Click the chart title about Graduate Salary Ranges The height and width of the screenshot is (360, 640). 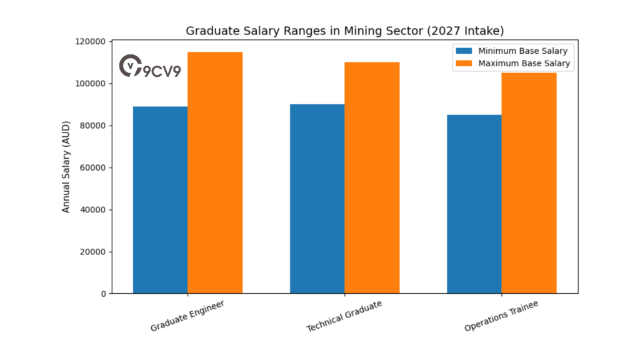(344, 31)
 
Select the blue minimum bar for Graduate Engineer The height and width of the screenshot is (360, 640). (161, 200)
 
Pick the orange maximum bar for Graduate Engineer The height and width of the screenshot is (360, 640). (215, 172)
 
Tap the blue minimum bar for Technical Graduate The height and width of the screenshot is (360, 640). (317, 199)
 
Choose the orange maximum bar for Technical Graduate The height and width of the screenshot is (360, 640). (372, 177)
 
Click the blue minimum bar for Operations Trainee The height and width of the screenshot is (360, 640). (474, 204)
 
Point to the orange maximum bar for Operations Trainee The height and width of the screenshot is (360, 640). (529, 182)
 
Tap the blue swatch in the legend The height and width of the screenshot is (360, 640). (464, 51)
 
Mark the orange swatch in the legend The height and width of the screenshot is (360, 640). (464, 63)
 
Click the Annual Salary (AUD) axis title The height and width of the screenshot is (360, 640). (66, 167)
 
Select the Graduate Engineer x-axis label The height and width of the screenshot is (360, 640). (187, 316)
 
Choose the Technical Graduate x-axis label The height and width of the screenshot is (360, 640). (344, 316)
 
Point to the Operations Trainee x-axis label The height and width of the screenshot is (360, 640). (501, 316)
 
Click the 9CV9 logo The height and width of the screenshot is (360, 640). (150, 67)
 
